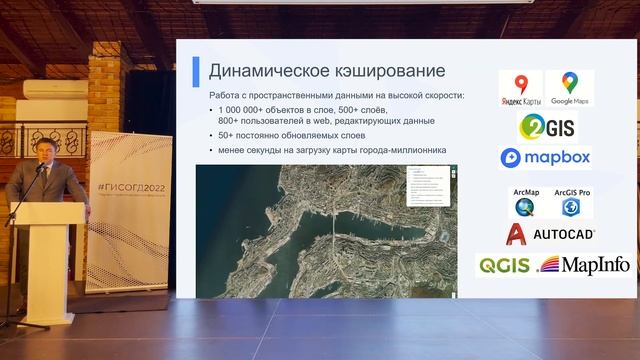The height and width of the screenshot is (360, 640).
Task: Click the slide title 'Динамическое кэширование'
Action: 326,71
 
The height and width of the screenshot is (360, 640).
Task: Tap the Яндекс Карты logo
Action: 520,89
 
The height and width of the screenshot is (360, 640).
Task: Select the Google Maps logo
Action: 569,89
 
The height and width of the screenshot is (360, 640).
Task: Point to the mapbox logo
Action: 545,157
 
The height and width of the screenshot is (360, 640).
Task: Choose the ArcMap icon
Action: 525,203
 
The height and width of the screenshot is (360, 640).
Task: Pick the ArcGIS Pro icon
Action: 569,203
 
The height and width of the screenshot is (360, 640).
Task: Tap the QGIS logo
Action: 504,265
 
